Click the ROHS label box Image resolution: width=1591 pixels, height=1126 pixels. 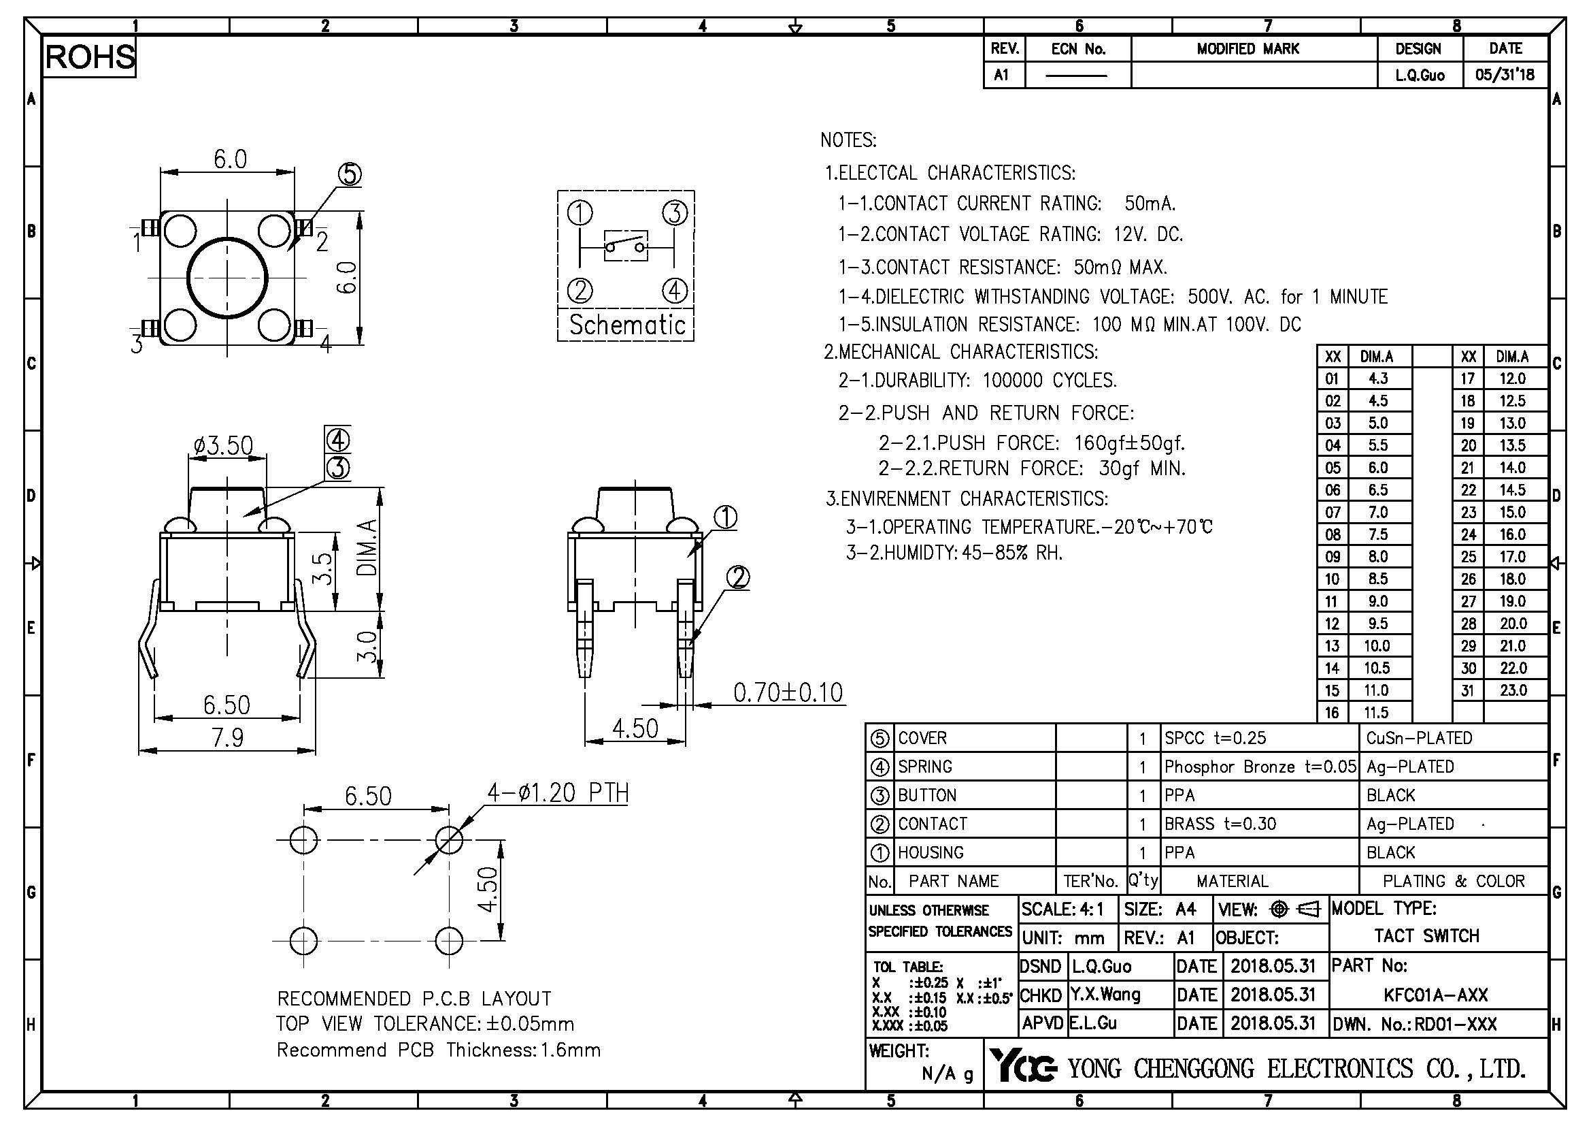(x=89, y=57)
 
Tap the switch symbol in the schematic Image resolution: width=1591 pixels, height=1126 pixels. (x=626, y=246)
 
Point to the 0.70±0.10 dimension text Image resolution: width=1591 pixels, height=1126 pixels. (x=788, y=692)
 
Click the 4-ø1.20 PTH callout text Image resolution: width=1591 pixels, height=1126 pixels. (x=558, y=792)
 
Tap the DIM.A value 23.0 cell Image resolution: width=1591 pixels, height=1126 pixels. (x=1513, y=690)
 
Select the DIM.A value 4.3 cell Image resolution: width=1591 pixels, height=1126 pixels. (x=1377, y=379)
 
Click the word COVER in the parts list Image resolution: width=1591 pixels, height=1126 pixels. (x=922, y=739)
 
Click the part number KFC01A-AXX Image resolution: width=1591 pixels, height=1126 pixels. (x=1436, y=995)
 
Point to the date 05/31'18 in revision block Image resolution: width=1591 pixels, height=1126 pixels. (x=1505, y=75)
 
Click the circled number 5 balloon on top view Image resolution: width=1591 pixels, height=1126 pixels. (x=349, y=174)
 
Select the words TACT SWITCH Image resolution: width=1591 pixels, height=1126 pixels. (x=1427, y=936)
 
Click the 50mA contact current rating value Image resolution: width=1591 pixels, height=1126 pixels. (x=1150, y=204)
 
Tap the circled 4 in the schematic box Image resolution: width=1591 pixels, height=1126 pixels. (x=674, y=291)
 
